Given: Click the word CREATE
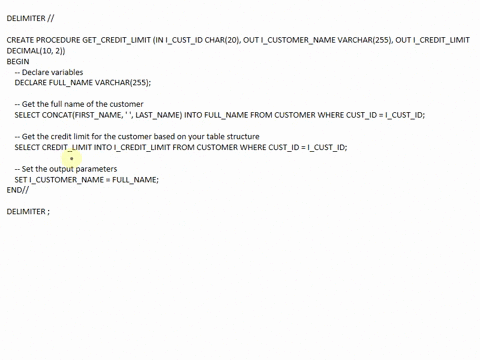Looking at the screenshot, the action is [20, 40].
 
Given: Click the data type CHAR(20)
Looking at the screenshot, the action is [223, 40].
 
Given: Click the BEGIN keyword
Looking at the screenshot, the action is [18, 61].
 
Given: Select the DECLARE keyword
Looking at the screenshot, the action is [32, 82].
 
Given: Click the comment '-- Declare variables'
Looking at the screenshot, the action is [49, 72].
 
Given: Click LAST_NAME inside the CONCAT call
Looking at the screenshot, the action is [157, 115].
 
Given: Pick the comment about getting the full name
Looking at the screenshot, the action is [79, 104].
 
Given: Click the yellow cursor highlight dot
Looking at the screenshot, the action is [71, 157].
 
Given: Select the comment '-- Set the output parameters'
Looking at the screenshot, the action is [66, 169].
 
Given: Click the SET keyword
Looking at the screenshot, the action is [21, 180].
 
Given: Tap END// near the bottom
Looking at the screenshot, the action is [18, 190].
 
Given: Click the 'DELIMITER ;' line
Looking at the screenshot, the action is [28, 212].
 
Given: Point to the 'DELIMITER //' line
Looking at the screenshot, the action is [30, 18].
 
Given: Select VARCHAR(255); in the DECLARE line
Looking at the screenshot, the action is [124, 82].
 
